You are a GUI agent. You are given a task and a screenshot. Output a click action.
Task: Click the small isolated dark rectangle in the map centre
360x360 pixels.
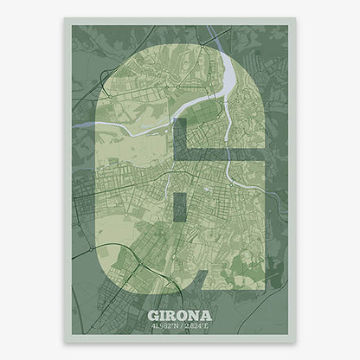click(x=180, y=194)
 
